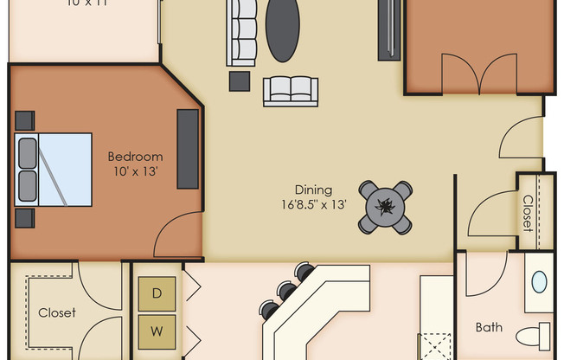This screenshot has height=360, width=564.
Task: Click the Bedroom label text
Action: (x=135, y=157)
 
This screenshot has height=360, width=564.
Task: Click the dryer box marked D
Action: (x=157, y=293)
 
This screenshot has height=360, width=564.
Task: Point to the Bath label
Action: (x=489, y=328)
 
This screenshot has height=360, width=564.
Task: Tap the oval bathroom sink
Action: (x=539, y=282)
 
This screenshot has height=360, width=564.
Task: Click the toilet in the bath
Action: (x=534, y=335)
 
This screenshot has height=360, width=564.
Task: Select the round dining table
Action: (x=385, y=207)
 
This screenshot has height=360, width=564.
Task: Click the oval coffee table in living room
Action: (x=282, y=30)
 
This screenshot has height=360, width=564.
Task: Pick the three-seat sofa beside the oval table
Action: (x=241, y=33)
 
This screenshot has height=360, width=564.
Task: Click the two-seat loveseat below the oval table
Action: (x=290, y=91)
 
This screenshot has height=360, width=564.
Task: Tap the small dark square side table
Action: (x=240, y=80)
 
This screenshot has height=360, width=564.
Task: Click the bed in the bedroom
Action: (x=54, y=170)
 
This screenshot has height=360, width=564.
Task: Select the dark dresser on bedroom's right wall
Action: (x=188, y=148)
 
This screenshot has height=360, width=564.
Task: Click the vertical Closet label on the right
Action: (x=527, y=212)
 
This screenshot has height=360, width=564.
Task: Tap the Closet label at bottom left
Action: (x=57, y=313)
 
